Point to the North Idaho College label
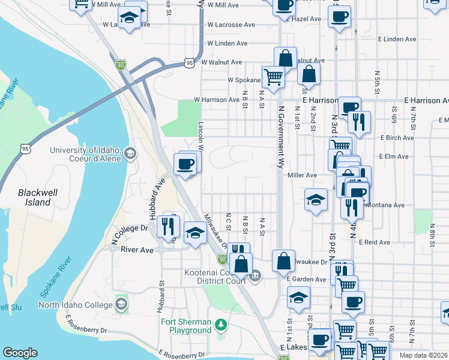click(75, 305)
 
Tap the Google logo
click(20, 353)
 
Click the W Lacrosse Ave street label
click(231, 25)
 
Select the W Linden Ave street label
click(227, 43)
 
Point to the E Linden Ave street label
click(398, 39)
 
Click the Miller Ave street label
click(302, 175)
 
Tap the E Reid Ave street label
click(374, 242)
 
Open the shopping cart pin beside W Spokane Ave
click(273, 77)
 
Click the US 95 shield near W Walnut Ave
click(190, 62)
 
